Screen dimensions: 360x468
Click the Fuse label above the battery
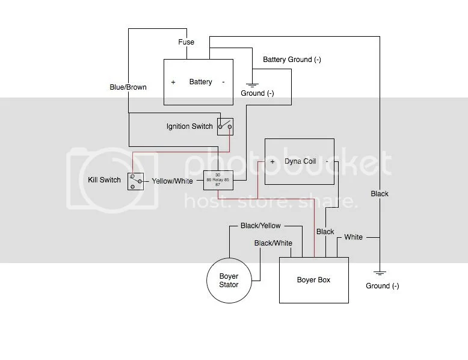pyautogui.click(x=186, y=43)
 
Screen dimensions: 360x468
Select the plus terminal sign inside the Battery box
pyautogui.click(x=173, y=82)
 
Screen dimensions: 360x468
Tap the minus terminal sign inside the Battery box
pyautogui.click(x=223, y=82)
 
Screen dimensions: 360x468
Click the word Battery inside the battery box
pyautogui.click(x=200, y=82)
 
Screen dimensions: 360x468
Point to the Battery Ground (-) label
pyautogui.click(x=292, y=60)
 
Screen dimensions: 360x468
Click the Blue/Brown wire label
pyautogui.click(x=128, y=87)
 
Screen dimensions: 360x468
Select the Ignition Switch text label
pyautogui.click(x=189, y=126)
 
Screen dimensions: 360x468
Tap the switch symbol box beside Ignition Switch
pyautogui.click(x=226, y=126)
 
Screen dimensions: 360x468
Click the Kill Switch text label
pyautogui.click(x=104, y=180)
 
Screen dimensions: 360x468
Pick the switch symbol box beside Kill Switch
pyautogui.click(x=135, y=181)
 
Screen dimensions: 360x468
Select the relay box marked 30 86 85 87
pyautogui.click(x=218, y=180)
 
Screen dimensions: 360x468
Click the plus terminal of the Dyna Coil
pyautogui.click(x=272, y=162)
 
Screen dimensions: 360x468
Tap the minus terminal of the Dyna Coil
pyautogui.click(x=327, y=162)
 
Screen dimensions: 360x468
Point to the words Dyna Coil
pyautogui.click(x=300, y=162)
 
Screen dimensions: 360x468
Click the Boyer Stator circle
pyautogui.click(x=229, y=281)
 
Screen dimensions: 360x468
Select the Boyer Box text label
pyautogui.click(x=313, y=280)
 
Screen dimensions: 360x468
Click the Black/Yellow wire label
pyautogui.click(x=260, y=226)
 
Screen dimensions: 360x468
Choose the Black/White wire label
pyautogui.click(x=273, y=243)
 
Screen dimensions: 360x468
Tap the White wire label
pyautogui.click(x=353, y=237)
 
